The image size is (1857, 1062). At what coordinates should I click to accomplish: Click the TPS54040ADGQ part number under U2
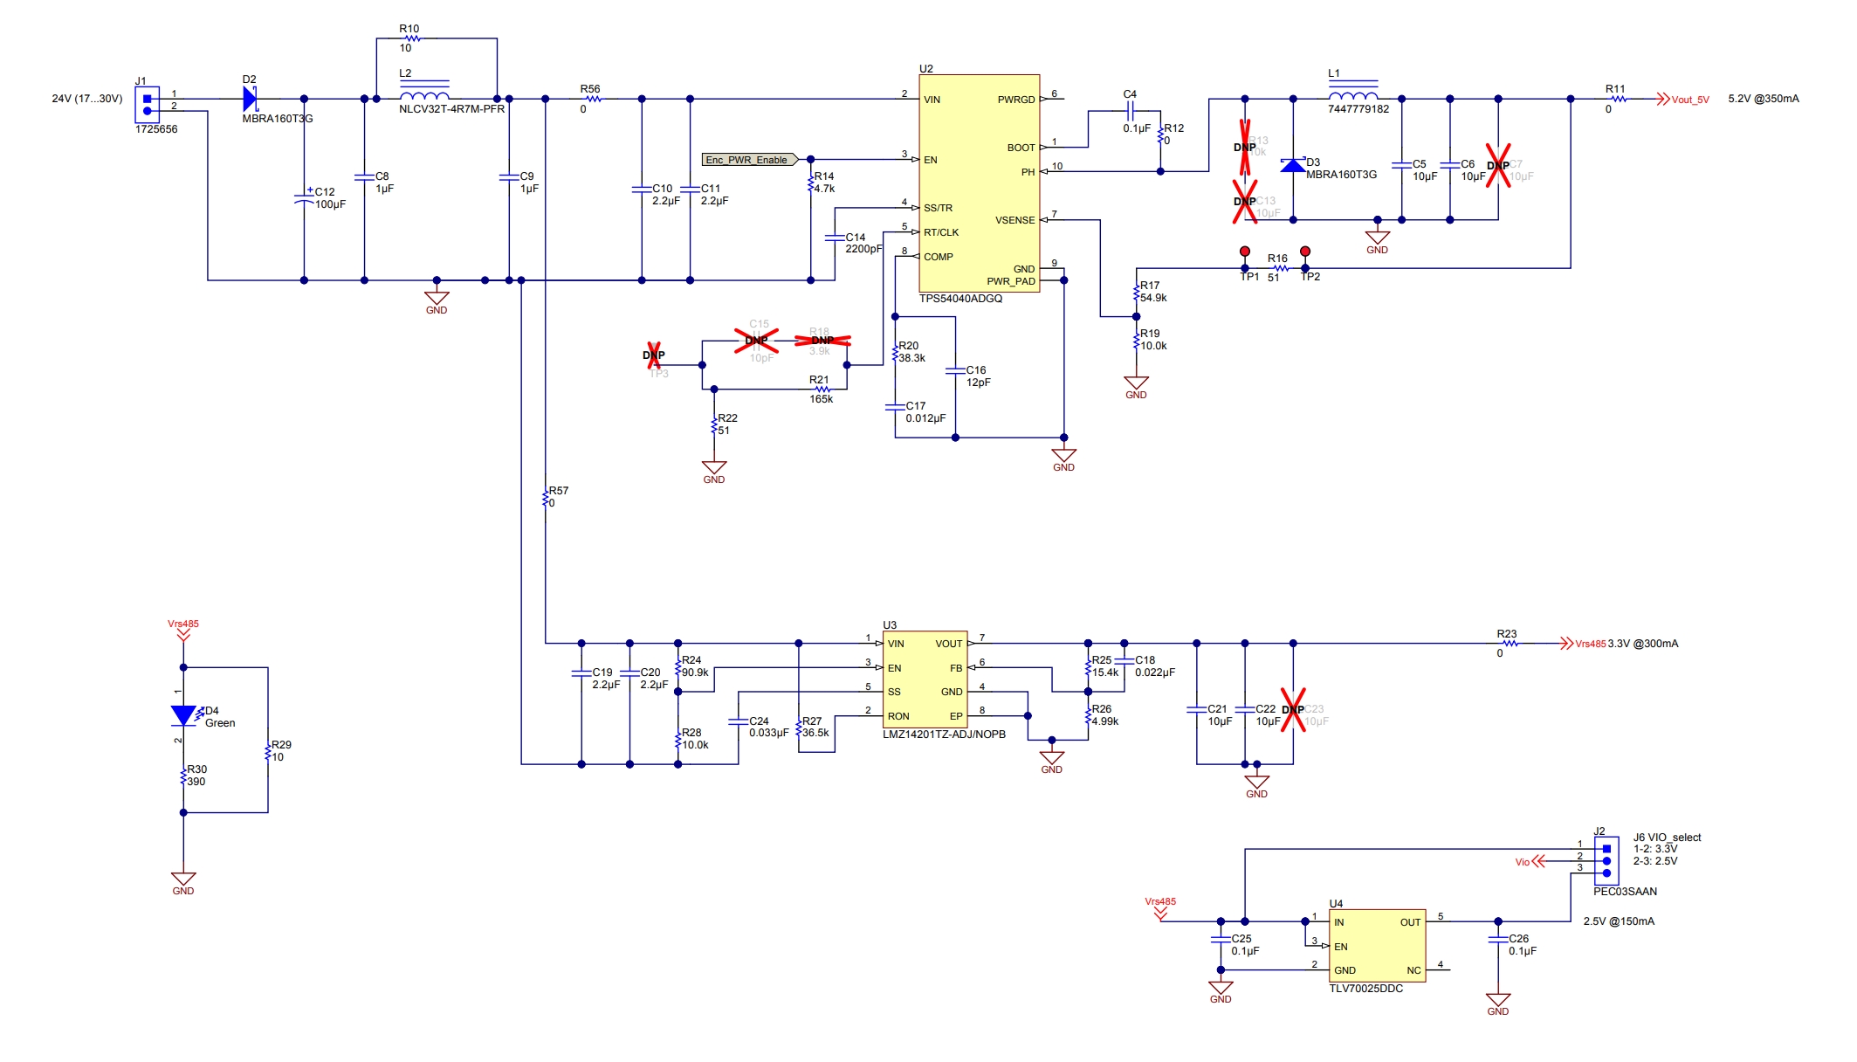[960, 299]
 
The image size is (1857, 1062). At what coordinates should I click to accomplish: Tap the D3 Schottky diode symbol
[1293, 165]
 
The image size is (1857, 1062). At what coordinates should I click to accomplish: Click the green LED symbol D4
[183, 715]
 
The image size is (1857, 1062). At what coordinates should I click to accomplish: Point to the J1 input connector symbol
[147, 105]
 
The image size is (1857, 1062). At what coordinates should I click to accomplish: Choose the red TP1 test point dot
[1245, 252]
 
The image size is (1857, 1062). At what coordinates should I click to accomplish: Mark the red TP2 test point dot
[1305, 252]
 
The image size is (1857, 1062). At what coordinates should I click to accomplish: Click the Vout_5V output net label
[1690, 100]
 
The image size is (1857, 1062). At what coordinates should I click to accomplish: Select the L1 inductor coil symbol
[1353, 94]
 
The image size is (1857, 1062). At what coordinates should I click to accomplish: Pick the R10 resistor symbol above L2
[413, 38]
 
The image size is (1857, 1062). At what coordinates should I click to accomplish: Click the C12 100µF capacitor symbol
[304, 198]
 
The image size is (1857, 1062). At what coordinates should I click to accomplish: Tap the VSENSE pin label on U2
[1014, 220]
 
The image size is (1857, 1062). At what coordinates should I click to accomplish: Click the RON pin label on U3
[898, 716]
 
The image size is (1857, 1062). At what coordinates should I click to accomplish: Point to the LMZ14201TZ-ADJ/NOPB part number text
[944, 734]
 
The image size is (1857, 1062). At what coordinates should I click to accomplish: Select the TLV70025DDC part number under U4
[1365, 989]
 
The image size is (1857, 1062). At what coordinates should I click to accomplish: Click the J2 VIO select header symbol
[1606, 861]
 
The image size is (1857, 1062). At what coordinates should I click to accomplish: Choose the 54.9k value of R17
[1153, 298]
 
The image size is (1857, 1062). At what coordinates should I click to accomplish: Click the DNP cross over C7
[1498, 165]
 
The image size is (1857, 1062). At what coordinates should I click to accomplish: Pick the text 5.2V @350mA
[1763, 99]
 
